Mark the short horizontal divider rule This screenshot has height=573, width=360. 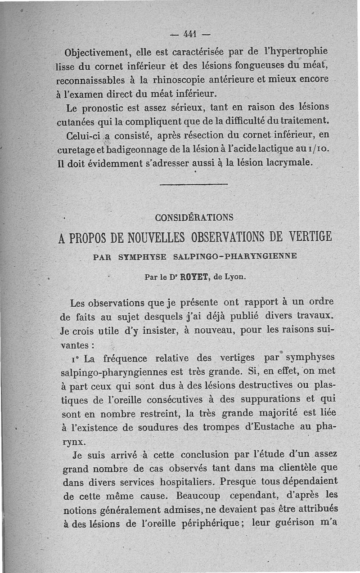[194, 184]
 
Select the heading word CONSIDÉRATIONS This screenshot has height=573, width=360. [194, 218]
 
